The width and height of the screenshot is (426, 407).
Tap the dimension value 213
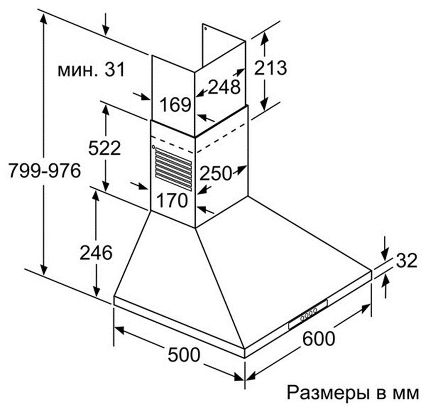coord(270,67)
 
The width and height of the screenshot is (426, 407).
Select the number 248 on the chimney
coord(223,87)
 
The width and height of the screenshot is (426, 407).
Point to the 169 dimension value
coord(175,105)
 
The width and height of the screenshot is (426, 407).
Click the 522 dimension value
coord(105,148)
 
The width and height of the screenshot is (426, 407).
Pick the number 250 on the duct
coord(216,173)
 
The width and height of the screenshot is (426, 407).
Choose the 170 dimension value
coord(171,200)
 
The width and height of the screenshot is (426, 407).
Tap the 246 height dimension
coord(95,252)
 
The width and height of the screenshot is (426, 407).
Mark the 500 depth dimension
coord(184,354)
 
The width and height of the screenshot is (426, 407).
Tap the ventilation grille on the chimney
coord(173,167)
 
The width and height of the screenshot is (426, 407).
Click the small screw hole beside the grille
coord(153,147)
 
